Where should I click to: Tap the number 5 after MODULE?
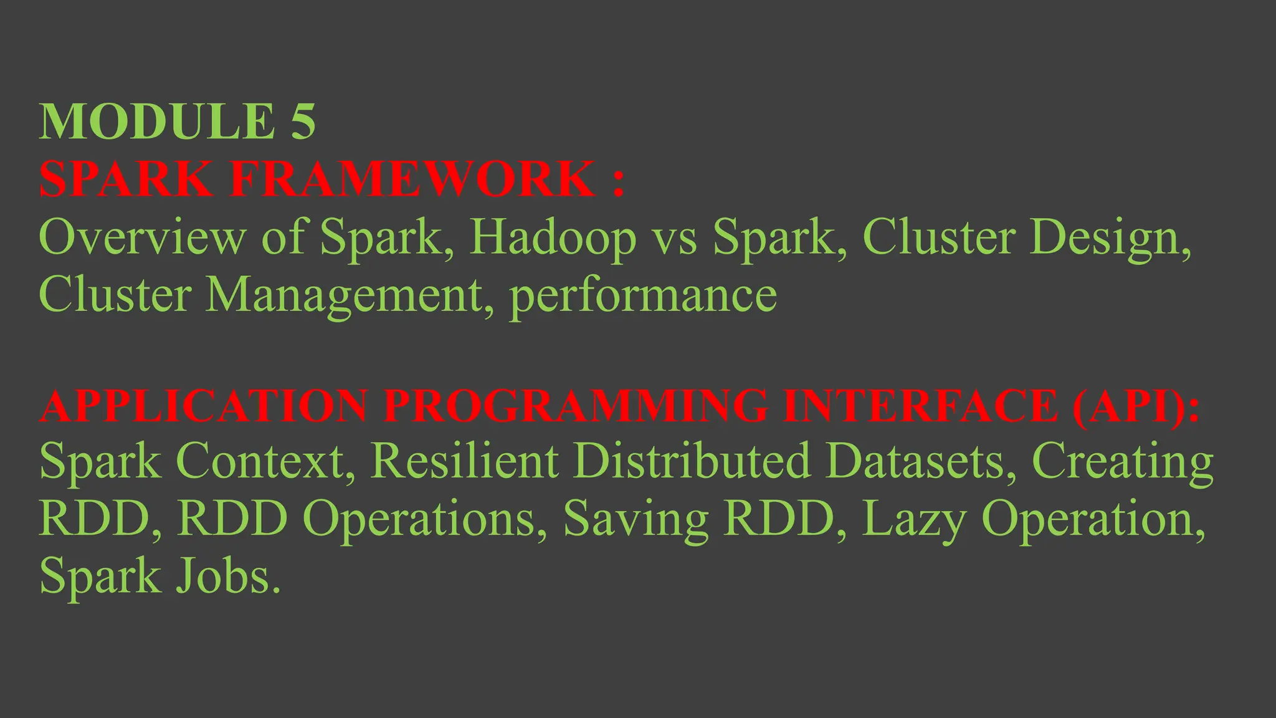point(303,122)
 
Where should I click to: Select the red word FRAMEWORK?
point(412,179)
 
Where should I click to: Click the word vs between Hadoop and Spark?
point(674,238)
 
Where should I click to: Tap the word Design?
point(1110,238)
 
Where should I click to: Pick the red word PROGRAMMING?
point(575,406)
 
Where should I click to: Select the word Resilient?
point(465,462)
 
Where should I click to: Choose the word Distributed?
point(692,462)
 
